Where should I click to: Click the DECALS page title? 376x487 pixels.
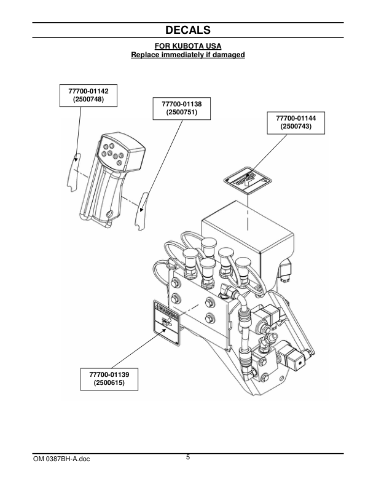pyautogui.click(x=188, y=30)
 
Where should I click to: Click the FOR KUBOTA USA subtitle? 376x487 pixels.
pyautogui.click(x=188, y=47)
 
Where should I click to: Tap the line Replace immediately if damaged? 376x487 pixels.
pyautogui.click(x=188, y=55)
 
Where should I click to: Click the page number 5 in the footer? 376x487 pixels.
pyautogui.click(x=188, y=457)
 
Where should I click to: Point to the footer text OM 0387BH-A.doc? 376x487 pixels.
pyautogui.click(x=61, y=459)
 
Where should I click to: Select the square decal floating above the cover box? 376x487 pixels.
pyautogui.click(x=247, y=180)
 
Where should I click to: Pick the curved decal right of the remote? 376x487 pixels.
pyautogui.click(x=141, y=211)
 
